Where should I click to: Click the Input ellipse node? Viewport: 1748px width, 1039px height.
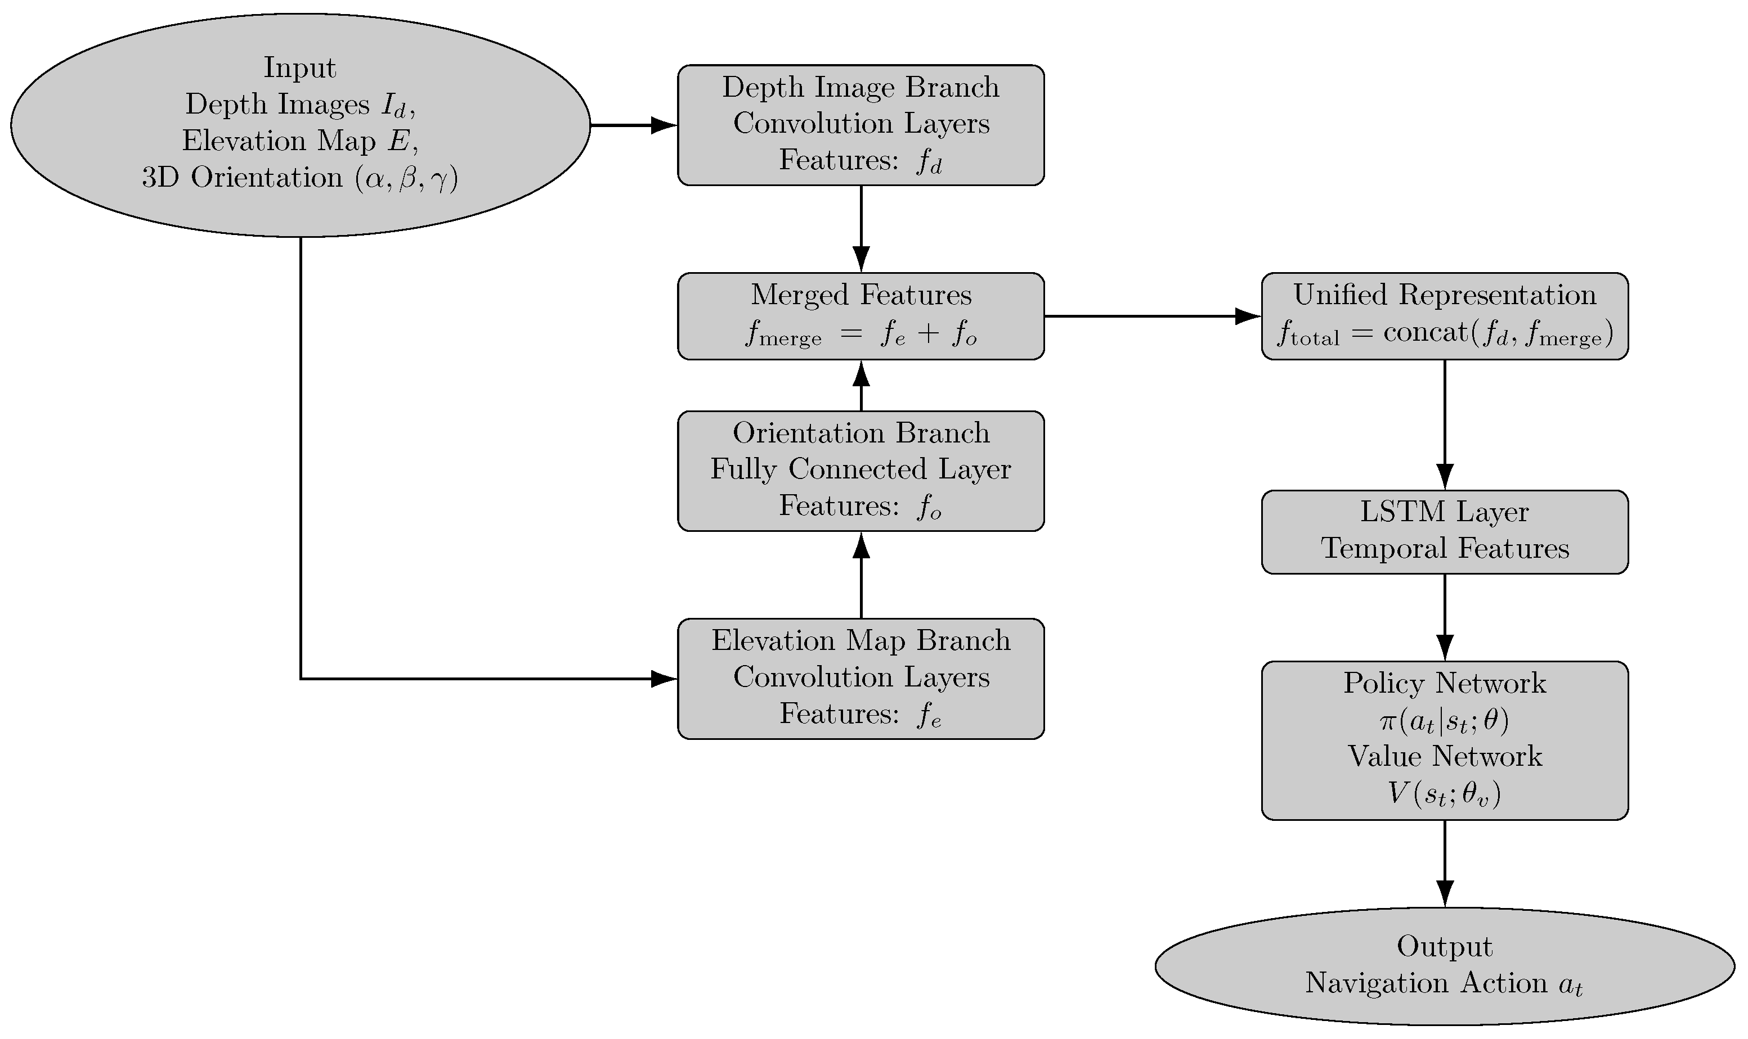(x=300, y=125)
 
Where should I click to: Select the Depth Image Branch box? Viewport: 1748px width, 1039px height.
(x=860, y=125)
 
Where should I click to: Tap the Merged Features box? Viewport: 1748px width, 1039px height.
(x=860, y=316)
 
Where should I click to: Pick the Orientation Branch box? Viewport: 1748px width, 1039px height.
(x=860, y=471)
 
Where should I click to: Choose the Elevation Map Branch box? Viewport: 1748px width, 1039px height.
(x=860, y=677)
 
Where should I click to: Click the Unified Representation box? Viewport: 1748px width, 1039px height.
(x=1444, y=316)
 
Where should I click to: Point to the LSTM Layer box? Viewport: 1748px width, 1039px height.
(x=1444, y=531)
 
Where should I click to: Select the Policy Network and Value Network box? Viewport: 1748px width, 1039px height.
(x=1444, y=740)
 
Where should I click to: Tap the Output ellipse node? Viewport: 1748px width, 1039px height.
(x=1444, y=965)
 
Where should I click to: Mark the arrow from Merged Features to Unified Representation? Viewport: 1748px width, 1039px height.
(x=1153, y=316)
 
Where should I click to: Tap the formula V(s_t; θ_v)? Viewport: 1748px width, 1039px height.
(x=1444, y=793)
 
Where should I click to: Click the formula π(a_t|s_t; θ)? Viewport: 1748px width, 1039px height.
(x=1444, y=720)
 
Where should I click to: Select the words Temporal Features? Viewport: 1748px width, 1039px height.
(x=1444, y=549)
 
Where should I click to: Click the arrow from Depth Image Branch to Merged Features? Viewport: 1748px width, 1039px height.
(x=860, y=228)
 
